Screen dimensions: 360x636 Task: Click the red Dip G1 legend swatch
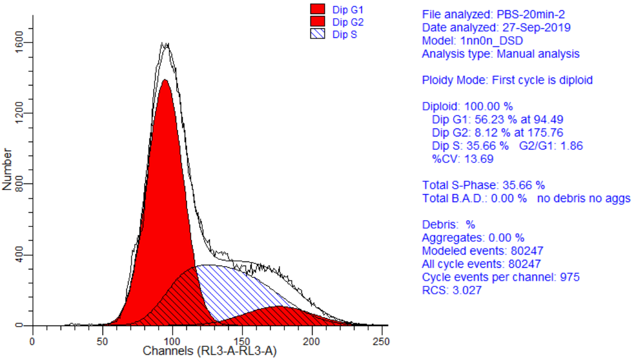point(318,9)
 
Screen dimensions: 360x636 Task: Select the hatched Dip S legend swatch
point(318,34)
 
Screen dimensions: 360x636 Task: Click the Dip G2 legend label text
point(348,22)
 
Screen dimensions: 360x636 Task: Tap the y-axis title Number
point(7,169)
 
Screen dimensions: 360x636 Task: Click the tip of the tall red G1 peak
point(165,80)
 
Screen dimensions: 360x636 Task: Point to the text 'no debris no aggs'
point(584,198)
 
